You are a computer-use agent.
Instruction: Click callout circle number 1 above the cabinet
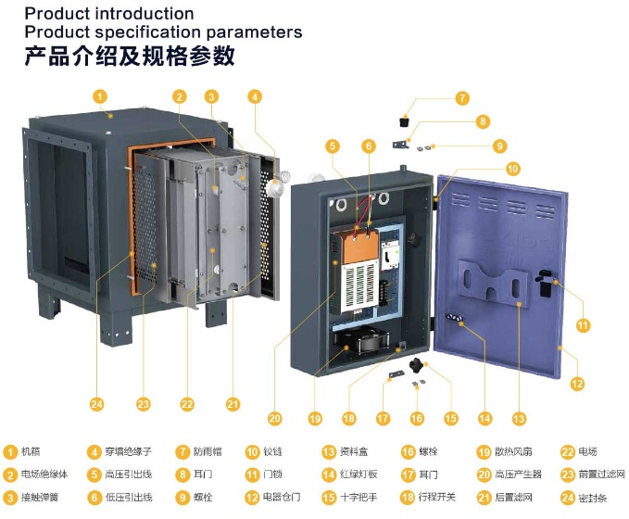click(100, 96)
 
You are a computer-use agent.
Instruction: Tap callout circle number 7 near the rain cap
click(462, 98)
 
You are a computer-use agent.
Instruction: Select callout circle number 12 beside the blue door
click(577, 384)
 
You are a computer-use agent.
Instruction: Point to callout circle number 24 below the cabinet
click(96, 404)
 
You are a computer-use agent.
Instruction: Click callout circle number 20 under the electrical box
click(275, 419)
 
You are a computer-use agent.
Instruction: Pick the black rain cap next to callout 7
click(404, 120)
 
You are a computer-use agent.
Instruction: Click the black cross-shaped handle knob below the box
click(417, 366)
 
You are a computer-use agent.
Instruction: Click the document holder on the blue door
click(493, 282)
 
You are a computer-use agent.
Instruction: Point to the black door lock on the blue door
click(545, 282)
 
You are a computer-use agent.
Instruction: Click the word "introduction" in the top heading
click(144, 14)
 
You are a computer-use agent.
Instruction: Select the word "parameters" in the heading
click(254, 32)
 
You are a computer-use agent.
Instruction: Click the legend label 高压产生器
click(518, 474)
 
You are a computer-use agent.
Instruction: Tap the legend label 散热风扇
click(513, 451)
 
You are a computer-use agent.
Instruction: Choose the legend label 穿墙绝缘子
click(129, 451)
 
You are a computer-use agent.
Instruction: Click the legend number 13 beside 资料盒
click(329, 452)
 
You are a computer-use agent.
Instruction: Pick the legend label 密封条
click(593, 498)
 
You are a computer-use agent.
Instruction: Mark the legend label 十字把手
click(359, 498)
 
